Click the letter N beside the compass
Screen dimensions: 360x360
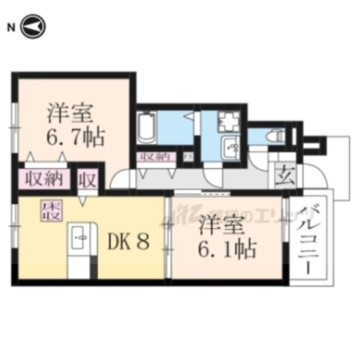tap(10, 27)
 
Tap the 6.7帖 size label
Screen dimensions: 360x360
tap(76, 136)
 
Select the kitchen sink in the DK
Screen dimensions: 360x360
tap(80, 238)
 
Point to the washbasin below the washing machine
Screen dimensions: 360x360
tap(230, 147)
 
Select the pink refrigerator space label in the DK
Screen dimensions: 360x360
tap(51, 211)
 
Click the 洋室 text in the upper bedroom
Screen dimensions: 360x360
tap(70, 114)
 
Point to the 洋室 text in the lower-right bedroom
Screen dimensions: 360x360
tap(222, 225)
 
